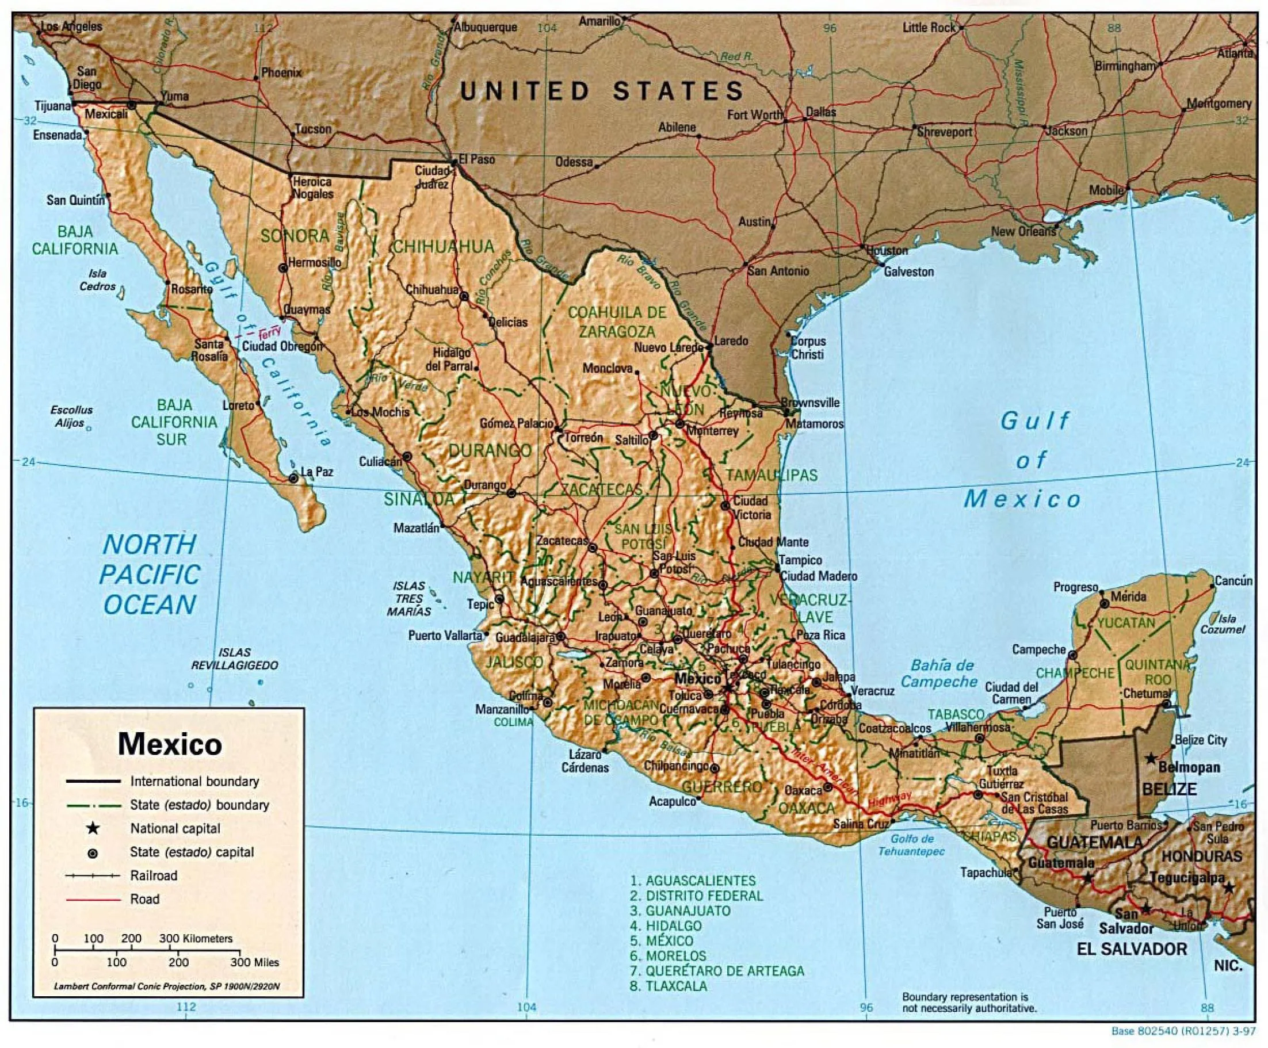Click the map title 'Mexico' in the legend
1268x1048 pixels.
[170, 744]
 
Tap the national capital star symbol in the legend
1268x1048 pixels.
[93, 828]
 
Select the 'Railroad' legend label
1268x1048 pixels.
[154, 875]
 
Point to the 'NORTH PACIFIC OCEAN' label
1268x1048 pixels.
[150, 574]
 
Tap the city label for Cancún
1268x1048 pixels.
[1233, 581]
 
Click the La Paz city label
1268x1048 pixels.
[317, 472]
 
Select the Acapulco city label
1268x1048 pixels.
[673, 802]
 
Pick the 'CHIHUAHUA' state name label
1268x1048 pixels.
[444, 246]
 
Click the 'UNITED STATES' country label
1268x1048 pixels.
[601, 92]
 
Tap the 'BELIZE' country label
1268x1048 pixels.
[1169, 789]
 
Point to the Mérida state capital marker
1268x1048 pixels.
[1105, 603]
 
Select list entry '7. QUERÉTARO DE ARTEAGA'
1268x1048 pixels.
[717, 971]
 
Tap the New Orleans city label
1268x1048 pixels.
[1023, 231]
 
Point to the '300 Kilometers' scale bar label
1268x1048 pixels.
[196, 938]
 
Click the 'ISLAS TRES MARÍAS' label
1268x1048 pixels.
[409, 599]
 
